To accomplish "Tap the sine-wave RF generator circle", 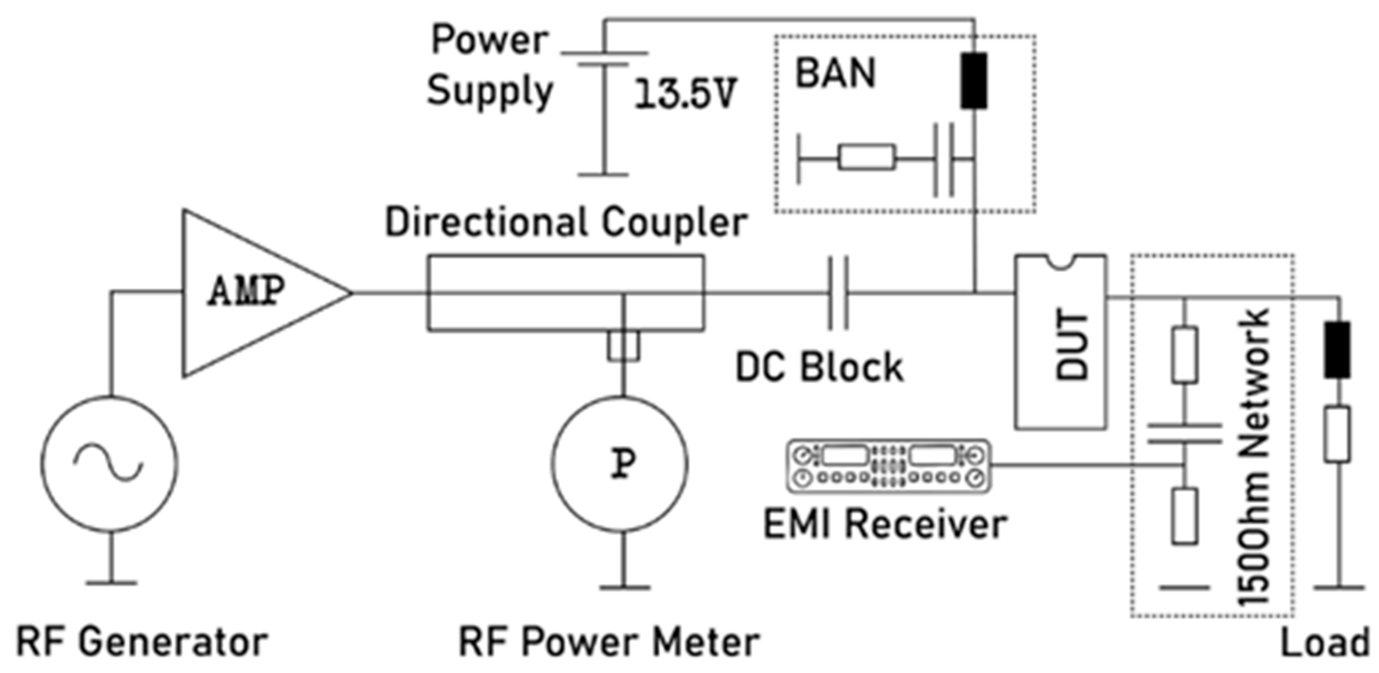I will pyautogui.click(x=110, y=464).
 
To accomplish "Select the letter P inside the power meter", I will pyautogui.click(x=623, y=464).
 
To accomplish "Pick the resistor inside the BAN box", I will pyautogui.click(x=866, y=157).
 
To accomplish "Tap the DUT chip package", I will pyautogui.click(x=1061, y=343).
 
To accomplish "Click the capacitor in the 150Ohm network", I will pyautogui.click(x=1185, y=434).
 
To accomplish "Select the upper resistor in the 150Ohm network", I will pyautogui.click(x=1185, y=354).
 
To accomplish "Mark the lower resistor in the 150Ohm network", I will pyautogui.click(x=1185, y=516).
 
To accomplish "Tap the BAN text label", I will pyautogui.click(x=835, y=73).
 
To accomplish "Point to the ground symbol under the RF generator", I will pyautogui.click(x=111, y=582).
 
